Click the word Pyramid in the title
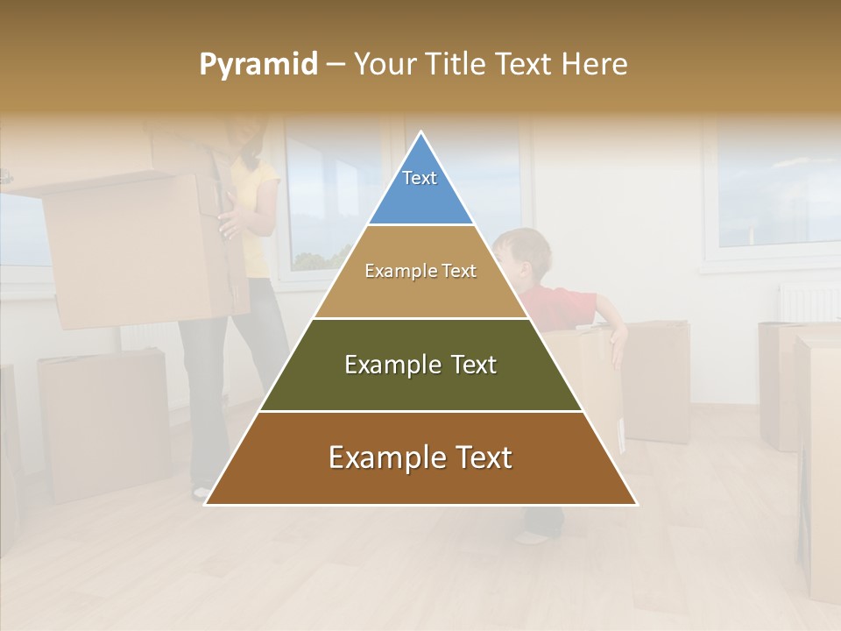(x=258, y=65)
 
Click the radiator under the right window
(x=809, y=303)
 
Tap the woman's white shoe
(x=201, y=493)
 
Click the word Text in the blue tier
(x=420, y=178)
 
